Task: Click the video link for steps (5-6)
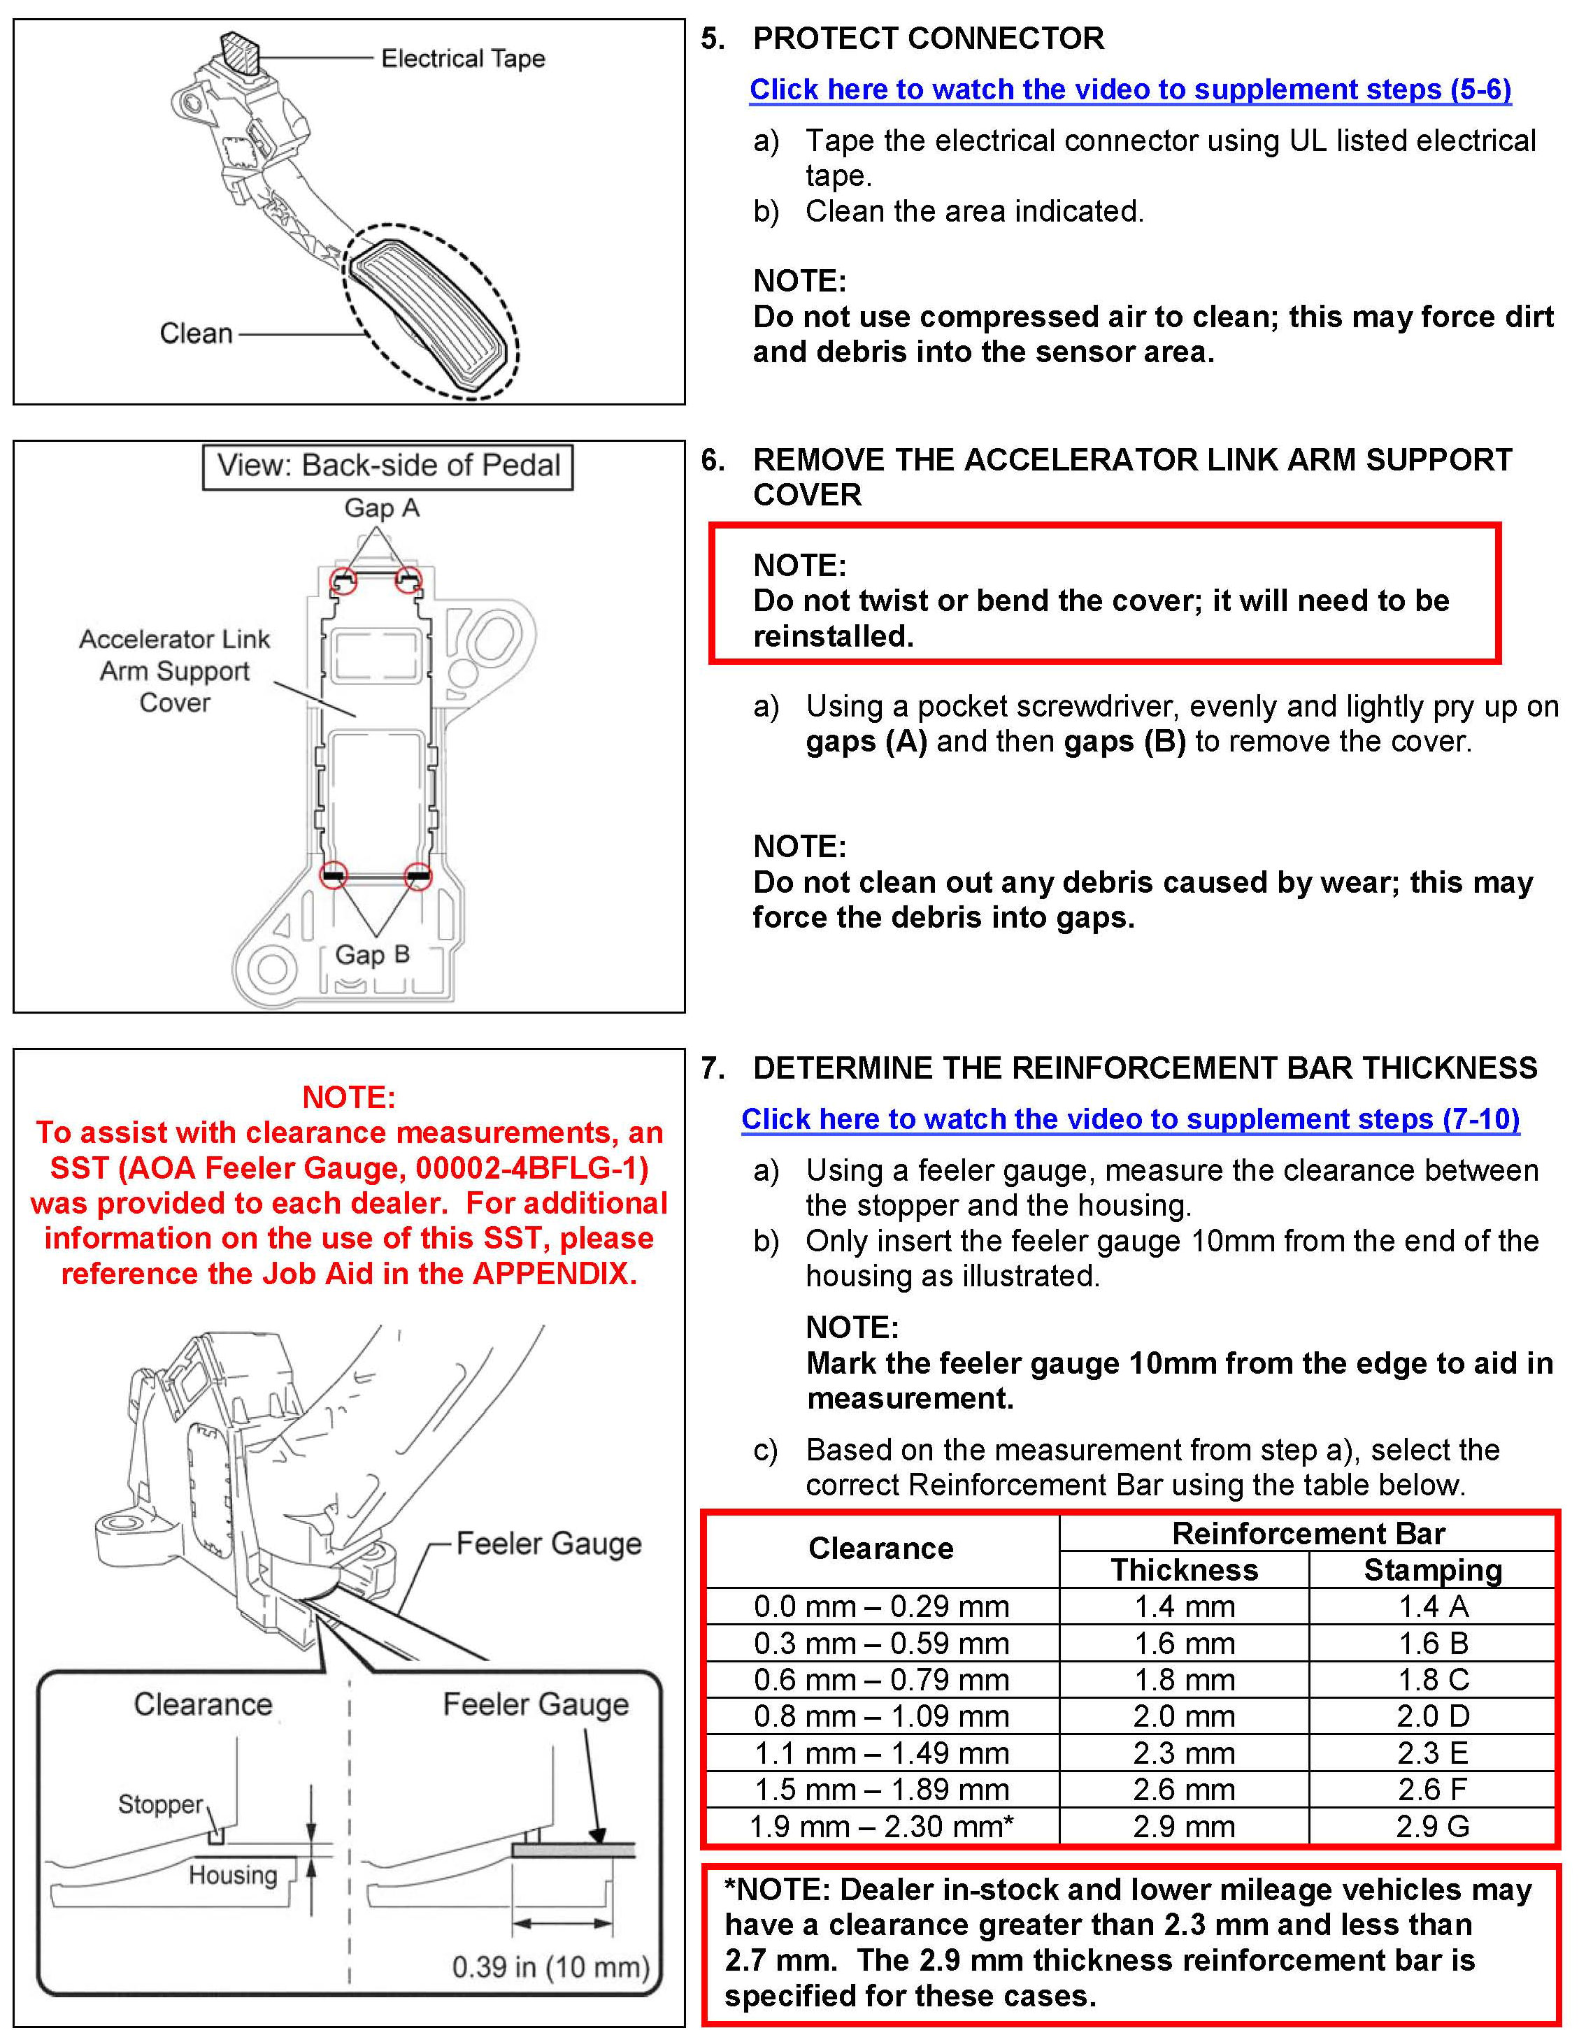[x=1129, y=89]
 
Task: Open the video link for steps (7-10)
[x=1129, y=1119]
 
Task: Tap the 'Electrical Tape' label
[x=463, y=59]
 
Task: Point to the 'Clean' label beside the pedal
[x=195, y=333]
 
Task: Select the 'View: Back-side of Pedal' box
[x=387, y=466]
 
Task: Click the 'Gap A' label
[x=382, y=509]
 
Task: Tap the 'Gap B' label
[x=372, y=955]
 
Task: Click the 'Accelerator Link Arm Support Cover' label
[x=175, y=671]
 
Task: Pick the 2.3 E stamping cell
[x=1431, y=1753]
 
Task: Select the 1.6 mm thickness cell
[x=1184, y=1643]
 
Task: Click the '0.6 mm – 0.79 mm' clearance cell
[x=881, y=1679]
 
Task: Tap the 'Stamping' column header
[x=1431, y=1570]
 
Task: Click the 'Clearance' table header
[x=881, y=1549]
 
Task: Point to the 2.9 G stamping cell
[x=1431, y=1826]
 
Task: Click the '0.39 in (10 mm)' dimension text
[x=550, y=1967]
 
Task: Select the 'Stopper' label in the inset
[x=160, y=1804]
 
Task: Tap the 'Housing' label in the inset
[x=233, y=1875]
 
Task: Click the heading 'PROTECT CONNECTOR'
[x=928, y=38]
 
